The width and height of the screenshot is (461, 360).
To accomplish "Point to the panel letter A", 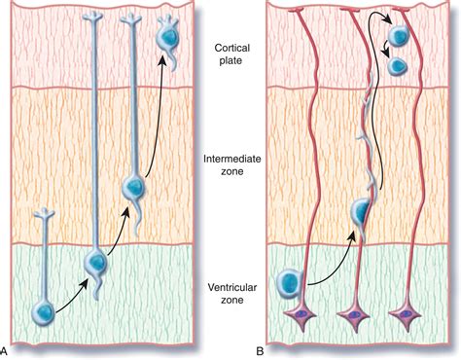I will point(6,349).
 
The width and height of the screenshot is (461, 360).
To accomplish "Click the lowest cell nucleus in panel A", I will point(42,313).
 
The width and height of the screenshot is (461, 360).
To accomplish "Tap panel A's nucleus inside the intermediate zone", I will point(134,188).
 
